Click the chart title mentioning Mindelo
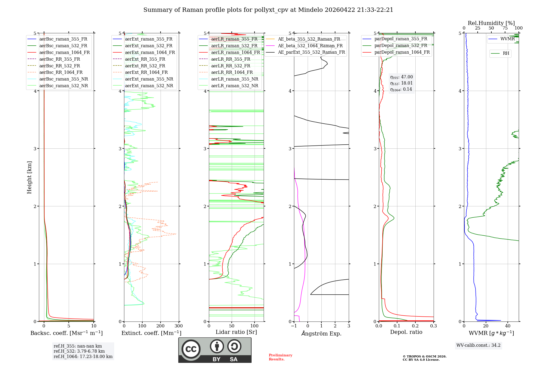tap(268, 10)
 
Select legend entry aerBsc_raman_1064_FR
tap(64, 52)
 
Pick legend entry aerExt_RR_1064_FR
tap(146, 72)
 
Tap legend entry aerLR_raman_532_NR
tap(234, 86)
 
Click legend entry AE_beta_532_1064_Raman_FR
tap(310, 46)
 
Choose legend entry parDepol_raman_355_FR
tap(401, 39)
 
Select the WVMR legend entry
tap(507, 39)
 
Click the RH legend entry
tap(506, 53)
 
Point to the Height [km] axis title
tap(29, 177)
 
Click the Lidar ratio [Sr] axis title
tap(236, 332)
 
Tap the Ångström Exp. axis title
tap(321, 333)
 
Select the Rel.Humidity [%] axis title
tap(491, 23)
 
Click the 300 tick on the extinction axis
tap(179, 326)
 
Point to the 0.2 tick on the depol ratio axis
tap(415, 326)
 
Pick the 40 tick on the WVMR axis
tap(508, 326)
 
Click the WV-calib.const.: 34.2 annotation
tap(478, 345)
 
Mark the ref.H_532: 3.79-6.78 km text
tap(79, 351)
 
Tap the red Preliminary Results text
tap(280, 357)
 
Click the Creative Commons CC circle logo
tap(191, 349)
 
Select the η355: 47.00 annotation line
tap(401, 77)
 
